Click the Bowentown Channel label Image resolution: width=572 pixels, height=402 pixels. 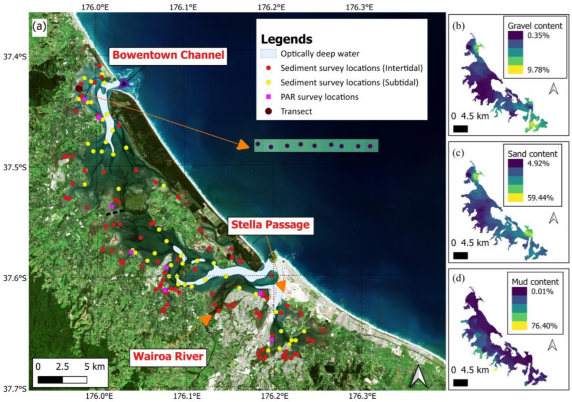pos(168,55)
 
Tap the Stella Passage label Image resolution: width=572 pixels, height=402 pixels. pos(270,225)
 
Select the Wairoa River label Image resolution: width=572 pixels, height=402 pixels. pos(168,356)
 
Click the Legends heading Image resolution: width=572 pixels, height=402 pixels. pos(287,39)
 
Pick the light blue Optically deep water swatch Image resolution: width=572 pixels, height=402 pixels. pos(268,54)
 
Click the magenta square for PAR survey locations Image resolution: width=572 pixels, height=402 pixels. pos(268,97)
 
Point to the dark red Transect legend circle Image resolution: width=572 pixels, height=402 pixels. pos(268,111)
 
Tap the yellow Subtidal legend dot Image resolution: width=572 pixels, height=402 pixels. pos(268,83)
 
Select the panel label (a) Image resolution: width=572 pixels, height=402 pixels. pos(39,27)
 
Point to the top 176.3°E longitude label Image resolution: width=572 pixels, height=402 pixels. pos(359,7)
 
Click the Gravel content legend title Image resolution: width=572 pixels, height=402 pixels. pos(535,26)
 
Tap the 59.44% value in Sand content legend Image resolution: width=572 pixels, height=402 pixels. pos(540,198)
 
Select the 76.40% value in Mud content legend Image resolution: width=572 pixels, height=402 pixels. pos(544,326)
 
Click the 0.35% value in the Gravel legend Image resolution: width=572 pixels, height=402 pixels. pos(538,36)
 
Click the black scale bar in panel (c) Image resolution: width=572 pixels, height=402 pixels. pos(460,256)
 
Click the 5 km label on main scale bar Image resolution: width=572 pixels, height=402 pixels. pos(95,367)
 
